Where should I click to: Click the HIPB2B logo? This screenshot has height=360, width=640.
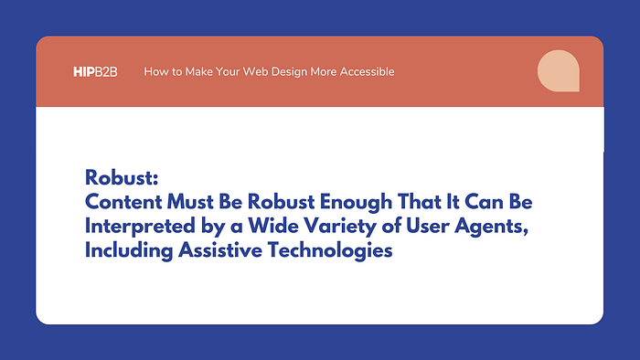pos(95,72)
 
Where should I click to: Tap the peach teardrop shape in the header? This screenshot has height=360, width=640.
pos(558,71)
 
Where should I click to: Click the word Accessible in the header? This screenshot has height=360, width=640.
pos(367,72)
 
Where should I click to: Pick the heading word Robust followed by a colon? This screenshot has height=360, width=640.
pos(122,178)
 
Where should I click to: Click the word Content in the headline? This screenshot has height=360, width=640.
pos(123,202)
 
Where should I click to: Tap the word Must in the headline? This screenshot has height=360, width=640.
pos(190,202)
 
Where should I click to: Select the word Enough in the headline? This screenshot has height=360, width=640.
pos(356,203)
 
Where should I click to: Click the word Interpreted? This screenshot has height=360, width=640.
pos(140,227)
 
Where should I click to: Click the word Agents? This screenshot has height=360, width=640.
pos(492,227)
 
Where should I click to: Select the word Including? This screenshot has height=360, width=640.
pos(129,250)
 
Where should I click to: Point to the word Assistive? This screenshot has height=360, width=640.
pos(220,250)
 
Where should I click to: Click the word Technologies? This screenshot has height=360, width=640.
pos(330,250)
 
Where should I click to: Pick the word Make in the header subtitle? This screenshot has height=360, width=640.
pos(198,72)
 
